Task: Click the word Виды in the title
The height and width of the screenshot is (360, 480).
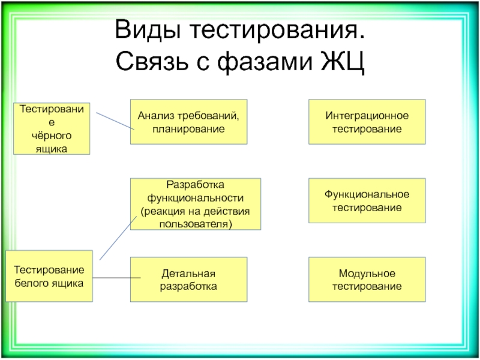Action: (x=143, y=30)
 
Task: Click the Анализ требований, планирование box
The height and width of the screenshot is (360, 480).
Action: (x=188, y=122)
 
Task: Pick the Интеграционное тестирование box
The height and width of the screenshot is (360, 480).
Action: (x=367, y=122)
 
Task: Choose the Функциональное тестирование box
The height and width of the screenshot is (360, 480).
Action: (x=367, y=201)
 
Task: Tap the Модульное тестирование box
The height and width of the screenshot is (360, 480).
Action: (x=367, y=280)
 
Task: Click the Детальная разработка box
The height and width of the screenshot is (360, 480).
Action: (x=188, y=280)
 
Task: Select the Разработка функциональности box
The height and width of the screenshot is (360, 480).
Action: (x=196, y=204)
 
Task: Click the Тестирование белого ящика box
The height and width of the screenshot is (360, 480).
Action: (x=49, y=275)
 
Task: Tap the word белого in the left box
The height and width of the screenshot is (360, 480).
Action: (x=32, y=282)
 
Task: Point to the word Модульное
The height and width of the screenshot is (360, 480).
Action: (x=367, y=274)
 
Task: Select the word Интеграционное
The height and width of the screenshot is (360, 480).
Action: (x=367, y=115)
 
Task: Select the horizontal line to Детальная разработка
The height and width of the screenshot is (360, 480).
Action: (x=116, y=278)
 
